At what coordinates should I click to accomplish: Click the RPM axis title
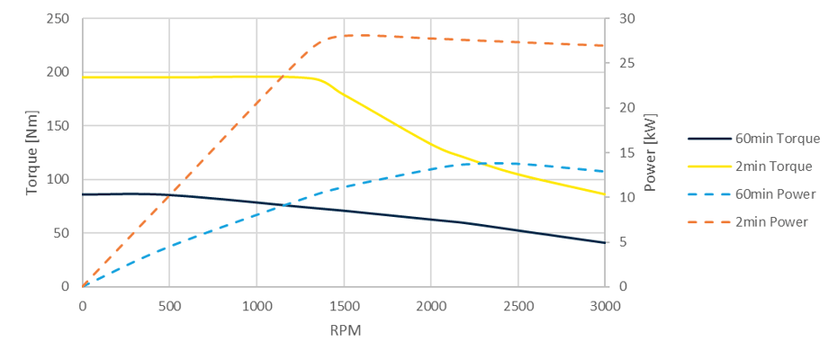pyautogui.click(x=344, y=329)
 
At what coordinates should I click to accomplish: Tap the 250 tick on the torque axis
pyautogui.click(x=58, y=19)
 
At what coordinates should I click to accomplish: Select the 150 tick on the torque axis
pyautogui.click(x=58, y=126)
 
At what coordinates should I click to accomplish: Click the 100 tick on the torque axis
pyautogui.click(x=58, y=179)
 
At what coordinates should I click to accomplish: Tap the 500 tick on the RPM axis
pyautogui.click(x=169, y=305)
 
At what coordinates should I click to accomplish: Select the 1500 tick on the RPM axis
pyautogui.click(x=344, y=305)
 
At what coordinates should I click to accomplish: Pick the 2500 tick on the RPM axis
pyautogui.click(x=517, y=305)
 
